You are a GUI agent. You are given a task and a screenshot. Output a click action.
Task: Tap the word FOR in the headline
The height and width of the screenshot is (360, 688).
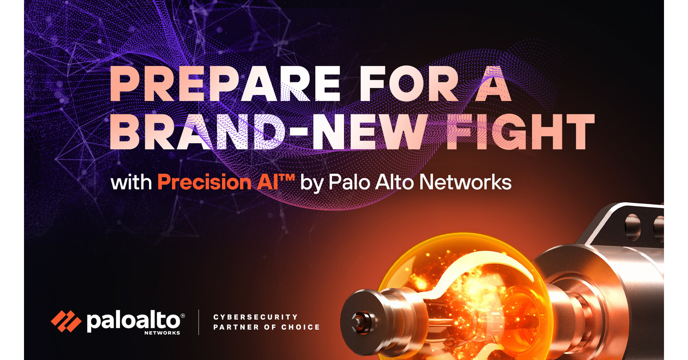point(408,84)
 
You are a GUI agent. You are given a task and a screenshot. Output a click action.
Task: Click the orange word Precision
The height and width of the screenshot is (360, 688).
point(204,182)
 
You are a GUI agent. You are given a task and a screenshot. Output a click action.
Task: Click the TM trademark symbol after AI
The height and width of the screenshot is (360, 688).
point(287,177)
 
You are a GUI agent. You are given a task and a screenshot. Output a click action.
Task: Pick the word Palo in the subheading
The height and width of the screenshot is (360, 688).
point(349,182)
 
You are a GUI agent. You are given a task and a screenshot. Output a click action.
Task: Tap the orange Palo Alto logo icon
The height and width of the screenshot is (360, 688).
point(66,321)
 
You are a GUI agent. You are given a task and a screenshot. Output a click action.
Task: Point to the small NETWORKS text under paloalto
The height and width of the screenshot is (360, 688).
point(162,333)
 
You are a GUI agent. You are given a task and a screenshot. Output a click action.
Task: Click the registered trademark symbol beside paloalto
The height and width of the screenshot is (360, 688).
point(183,316)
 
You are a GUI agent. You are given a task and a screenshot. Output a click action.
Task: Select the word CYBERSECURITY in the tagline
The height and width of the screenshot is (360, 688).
point(255,317)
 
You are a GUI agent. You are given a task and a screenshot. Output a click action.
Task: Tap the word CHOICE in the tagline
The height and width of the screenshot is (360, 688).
point(300,327)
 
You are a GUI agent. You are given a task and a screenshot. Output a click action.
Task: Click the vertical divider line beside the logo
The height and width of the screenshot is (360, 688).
point(199,322)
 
